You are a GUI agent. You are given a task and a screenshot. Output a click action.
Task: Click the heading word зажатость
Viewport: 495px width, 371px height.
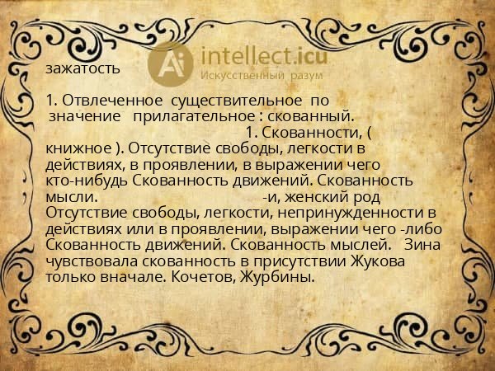[83, 68]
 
